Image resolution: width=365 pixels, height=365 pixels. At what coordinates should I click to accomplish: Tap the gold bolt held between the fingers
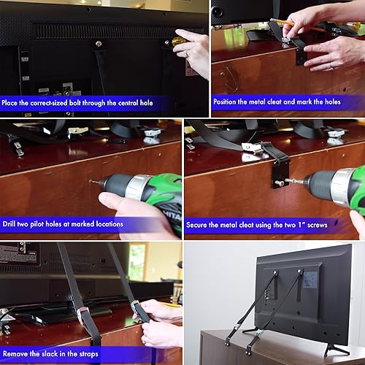pos(177,42)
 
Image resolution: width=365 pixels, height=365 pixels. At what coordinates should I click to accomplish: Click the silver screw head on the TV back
pos(98,44)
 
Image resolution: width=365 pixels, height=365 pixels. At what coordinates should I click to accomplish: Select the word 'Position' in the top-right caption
pos(231,102)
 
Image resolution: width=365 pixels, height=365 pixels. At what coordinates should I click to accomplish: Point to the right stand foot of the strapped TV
pos(336,349)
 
